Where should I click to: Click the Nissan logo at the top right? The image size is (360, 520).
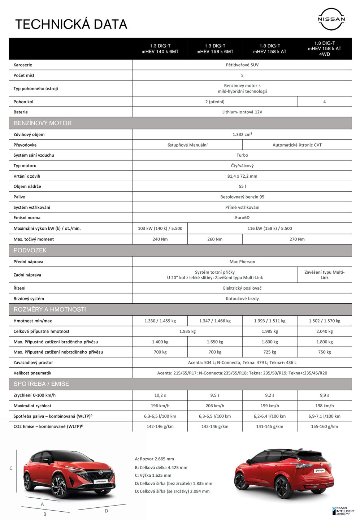[x=331, y=19]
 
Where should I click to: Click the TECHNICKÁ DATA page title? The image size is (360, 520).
[x=71, y=24]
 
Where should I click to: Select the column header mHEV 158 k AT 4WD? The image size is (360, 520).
[x=324, y=48]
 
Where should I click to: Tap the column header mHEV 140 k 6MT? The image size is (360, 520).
[x=160, y=49]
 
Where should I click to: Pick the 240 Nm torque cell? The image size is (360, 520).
[x=160, y=239]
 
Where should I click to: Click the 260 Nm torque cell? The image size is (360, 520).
[x=215, y=239]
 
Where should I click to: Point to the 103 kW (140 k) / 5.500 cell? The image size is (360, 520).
[x=160, y=228]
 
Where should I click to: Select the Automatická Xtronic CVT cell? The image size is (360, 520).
[x=297, y=145]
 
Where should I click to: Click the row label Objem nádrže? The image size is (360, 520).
[x=27, y=186]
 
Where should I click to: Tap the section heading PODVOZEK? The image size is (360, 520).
[x=30, y=250]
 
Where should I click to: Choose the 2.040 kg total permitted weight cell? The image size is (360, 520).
[x=324, y=331]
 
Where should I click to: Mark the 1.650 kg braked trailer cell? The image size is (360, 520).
[x=215, y=342]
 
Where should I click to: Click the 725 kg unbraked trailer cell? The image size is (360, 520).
[x=269, y=352]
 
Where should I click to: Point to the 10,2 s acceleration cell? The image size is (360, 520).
[x=160, y=395]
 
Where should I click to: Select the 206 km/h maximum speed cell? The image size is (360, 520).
[x=215, y=406]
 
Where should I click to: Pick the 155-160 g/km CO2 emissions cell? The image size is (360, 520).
[x=324, y=426]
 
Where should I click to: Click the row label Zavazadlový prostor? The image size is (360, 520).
[x=33, y=363]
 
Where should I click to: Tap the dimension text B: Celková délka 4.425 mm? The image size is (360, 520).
[x=161, y=467]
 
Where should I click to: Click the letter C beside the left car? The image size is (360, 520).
[x=11, y=468]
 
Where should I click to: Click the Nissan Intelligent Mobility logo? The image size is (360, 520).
[x=343, y=511]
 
